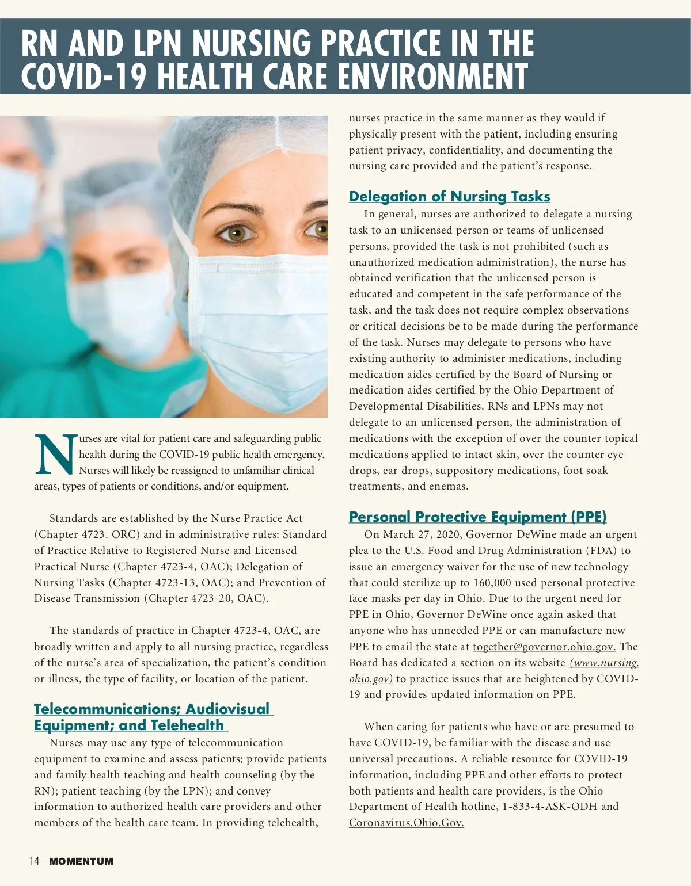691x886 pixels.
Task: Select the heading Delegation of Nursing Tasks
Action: [449, 197]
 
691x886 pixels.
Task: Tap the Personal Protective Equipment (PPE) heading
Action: [477, 517]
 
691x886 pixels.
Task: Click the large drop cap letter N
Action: [55, 455]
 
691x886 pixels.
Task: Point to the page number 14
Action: [34, 861]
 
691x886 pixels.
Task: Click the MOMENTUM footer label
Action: [81, 861]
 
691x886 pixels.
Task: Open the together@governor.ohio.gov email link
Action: [544, 647]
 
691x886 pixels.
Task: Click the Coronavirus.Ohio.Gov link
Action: [406, 823]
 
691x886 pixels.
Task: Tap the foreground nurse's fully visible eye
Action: [236, 232]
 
